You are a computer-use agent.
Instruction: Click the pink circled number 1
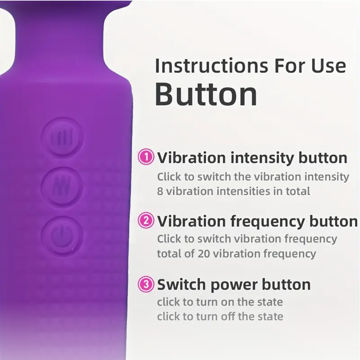click(146, 157)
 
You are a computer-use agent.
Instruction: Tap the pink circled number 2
click(146, 220)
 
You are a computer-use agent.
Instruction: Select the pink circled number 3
click(146, 284)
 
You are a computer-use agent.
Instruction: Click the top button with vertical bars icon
click(62, 138)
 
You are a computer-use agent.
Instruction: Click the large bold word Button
click(206, 94)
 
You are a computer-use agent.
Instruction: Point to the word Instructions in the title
click(212, 66)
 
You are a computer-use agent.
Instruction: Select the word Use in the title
click(328, 66)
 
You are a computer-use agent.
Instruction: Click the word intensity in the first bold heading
click(262, 158)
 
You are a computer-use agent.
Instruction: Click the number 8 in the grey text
click(160, 191)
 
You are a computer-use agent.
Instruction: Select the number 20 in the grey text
click(204, 254)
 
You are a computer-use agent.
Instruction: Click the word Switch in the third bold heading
click(181, 284)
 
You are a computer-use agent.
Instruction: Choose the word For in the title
click(290, 66)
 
